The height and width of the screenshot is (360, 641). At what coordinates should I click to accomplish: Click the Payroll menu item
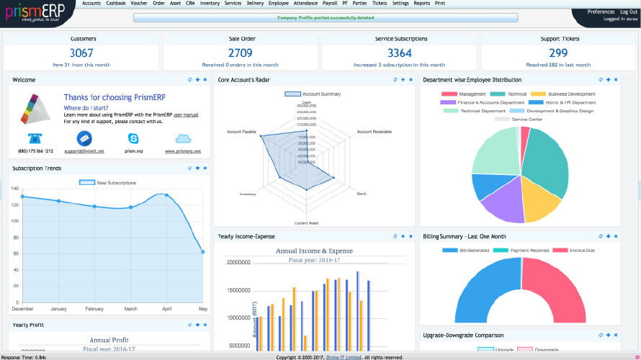click(330, 4)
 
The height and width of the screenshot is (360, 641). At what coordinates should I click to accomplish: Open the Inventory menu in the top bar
click(210, 4)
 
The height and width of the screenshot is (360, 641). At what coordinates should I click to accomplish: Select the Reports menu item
click(422, 4)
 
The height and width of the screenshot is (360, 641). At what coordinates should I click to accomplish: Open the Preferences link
click(601, 12)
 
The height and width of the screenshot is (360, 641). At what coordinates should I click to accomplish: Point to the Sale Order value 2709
click(241, 53)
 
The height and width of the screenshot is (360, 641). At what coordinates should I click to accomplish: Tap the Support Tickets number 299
click(558, 53)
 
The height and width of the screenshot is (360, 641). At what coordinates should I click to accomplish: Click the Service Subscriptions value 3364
click(400, 53)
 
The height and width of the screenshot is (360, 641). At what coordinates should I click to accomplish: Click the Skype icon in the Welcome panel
click(133, 138)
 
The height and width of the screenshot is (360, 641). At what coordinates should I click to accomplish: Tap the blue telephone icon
click(35, 138)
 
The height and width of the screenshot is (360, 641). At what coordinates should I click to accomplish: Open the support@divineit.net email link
click(84, 151)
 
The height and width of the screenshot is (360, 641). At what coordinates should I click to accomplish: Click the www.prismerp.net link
click(183, 151)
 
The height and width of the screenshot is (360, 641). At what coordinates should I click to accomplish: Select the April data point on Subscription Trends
click(167, 195)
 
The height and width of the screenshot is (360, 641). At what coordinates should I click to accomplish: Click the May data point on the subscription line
click(203, 252)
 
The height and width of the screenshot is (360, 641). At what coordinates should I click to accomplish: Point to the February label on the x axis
click(95, 309)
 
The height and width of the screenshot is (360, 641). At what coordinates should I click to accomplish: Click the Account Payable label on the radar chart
click(241, 132)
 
